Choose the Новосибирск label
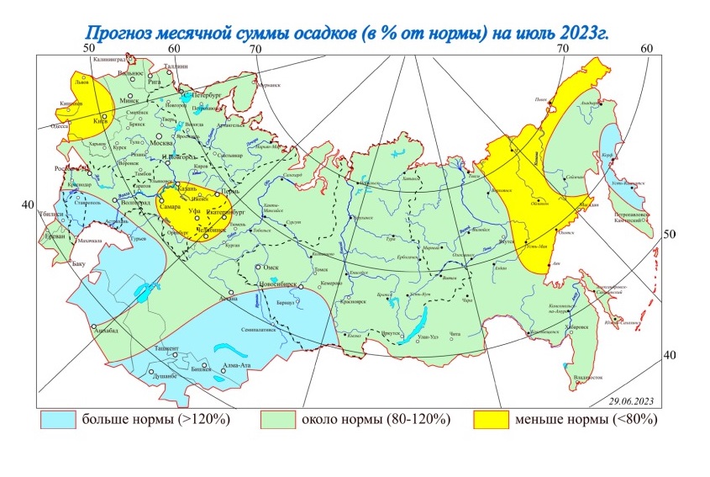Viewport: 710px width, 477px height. pyautogui.click(x=281, y=282)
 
